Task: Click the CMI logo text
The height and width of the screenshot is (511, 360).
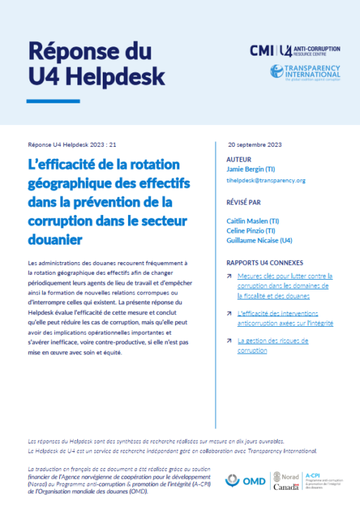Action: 263,51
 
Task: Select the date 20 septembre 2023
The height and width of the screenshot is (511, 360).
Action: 255,144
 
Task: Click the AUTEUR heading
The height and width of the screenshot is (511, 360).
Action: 238,160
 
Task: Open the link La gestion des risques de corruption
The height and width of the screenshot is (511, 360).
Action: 273,345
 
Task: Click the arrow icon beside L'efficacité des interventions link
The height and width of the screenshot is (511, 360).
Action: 230,313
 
